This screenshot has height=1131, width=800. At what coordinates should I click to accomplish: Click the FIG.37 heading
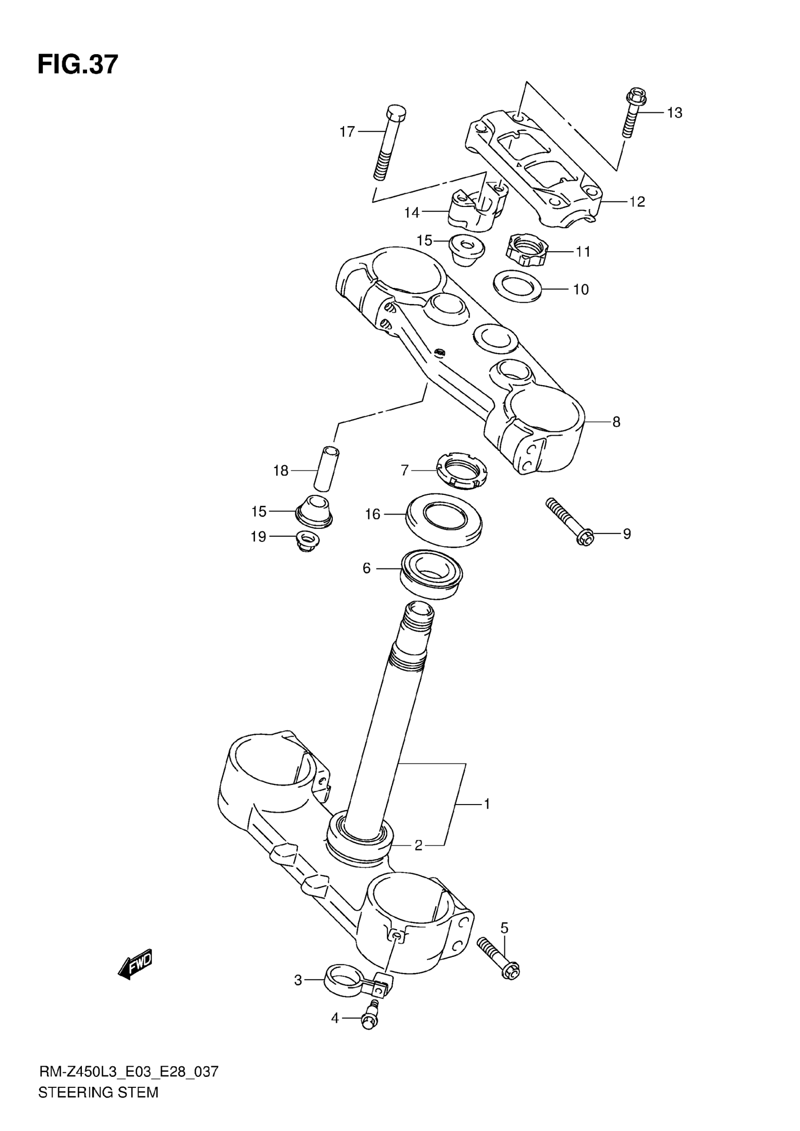78,64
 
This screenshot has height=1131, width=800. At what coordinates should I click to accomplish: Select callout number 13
674,113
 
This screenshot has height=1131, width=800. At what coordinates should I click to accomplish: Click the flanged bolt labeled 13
632,112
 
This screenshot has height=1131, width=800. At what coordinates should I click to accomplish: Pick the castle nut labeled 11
526,250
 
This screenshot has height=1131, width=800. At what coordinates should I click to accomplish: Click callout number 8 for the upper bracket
616,422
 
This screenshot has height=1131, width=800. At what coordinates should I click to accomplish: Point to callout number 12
637,202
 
